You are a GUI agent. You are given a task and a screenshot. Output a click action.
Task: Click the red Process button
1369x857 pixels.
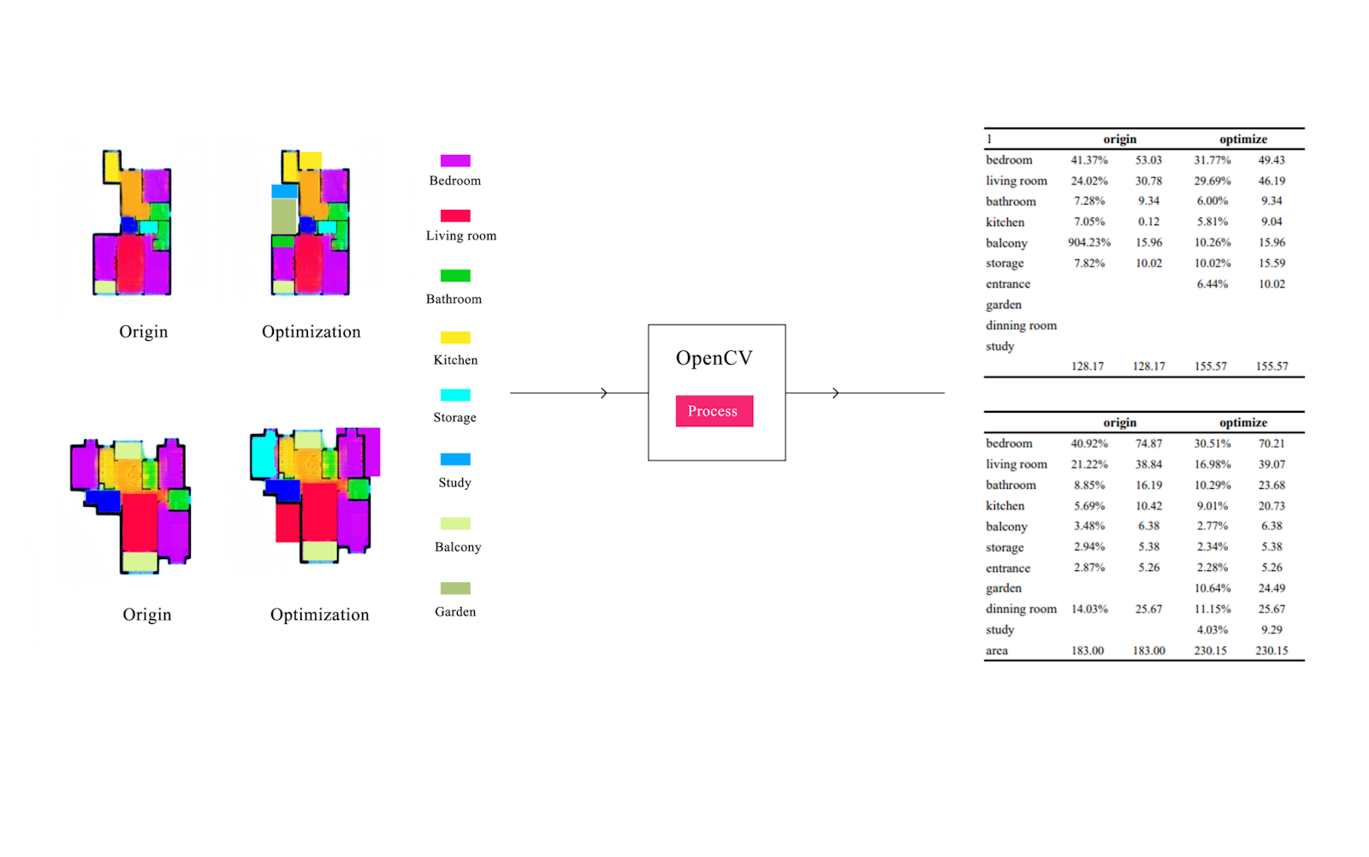pyautogui.click(x=714, y=411)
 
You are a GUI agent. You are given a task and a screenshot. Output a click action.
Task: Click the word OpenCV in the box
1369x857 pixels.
pyautogui.click(x=714, y=358)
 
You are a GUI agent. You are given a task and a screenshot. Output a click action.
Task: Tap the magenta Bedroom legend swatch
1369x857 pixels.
pyautogui.click(x=455, y=161)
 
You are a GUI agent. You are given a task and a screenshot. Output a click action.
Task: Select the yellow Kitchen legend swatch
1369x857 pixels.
pyautogui.click(x=455, y=338)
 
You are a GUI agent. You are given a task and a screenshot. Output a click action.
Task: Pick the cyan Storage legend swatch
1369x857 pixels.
pyautogui.click(x=455, y=396)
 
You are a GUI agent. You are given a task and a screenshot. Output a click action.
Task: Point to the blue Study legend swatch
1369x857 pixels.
pyautogui.click(x=455, y=460)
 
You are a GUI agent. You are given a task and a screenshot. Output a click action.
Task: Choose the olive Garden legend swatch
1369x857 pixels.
pyautogui.click(x=455, y=589)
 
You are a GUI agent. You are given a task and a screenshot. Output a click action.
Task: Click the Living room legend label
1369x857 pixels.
pyautogui.click(x=461, y=235)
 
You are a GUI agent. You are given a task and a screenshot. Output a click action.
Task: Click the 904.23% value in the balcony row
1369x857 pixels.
pyautogui.click(x=1089, y=242)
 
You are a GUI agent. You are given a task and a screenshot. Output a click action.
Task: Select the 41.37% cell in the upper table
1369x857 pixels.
pyautogui.click(x=1089, y=160)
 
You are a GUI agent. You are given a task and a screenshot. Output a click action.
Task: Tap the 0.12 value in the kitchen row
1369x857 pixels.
pyautogui.click(x=1148, y=222)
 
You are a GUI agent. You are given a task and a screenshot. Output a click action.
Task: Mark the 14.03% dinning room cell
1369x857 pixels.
pyautogui.click(x=1089, y=609)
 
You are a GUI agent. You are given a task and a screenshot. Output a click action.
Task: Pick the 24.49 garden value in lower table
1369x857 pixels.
pyautogui.click(x=1271, y=588)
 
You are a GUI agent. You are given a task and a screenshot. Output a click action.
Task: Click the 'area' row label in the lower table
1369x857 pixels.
pyautogui.click(x=997, y=651)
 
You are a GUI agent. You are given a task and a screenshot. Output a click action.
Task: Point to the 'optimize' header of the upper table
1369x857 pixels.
pyautogui.click(x=1243, y=139)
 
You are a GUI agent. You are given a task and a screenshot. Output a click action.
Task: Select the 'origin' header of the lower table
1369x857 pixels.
pyautogui.click(x=1119, y=422)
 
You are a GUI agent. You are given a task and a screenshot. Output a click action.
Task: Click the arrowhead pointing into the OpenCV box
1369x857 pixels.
pyautogui.click(x=604, y=393)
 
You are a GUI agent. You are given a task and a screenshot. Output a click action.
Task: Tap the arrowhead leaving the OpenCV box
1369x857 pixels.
pyautogui.click(x=836, y=393)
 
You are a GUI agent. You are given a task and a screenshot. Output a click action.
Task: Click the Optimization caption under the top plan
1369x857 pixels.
pyautogui.click(x=311, y=332)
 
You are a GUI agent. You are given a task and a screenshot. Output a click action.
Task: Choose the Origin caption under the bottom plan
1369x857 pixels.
pyautogui.click(x=147, y=615)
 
